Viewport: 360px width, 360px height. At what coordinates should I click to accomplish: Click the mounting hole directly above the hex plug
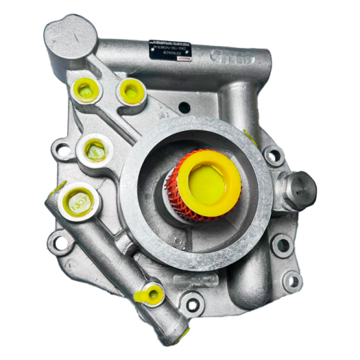point(274,155)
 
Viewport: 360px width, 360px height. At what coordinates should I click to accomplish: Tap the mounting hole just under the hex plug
point(282,245)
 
